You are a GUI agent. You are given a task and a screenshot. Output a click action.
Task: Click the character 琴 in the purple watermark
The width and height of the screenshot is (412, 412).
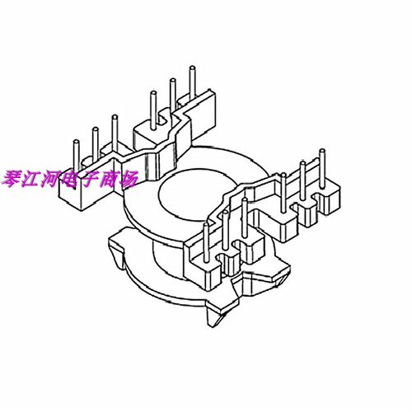(x=12, y=180)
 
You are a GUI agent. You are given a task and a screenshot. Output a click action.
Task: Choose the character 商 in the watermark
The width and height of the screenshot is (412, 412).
(x=109, y=180)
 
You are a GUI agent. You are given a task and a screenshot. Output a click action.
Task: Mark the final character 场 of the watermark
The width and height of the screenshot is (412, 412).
(x=129, y=180)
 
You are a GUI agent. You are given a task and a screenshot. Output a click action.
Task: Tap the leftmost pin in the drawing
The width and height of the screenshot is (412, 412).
(x=77, y=157)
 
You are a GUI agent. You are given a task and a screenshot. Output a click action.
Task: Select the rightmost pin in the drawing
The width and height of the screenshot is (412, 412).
(x=322, y=168)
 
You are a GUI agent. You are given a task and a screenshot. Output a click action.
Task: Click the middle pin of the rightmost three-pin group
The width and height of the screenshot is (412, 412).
(x=302, y=180)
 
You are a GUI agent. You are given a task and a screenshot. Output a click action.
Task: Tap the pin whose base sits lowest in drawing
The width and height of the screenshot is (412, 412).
(x=206, y=242)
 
